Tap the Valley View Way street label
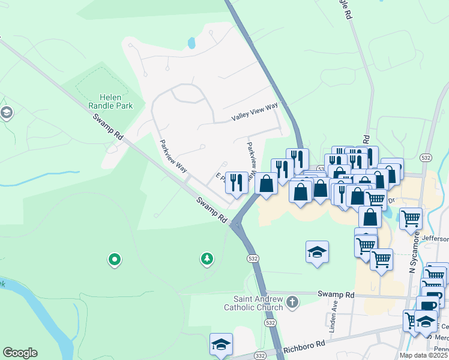coord(255,112)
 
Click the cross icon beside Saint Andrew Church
coord(292,301)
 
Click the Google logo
coord(20,353)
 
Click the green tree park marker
coord(207,259)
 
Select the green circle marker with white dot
coord(114,260)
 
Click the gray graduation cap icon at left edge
coord(7,113)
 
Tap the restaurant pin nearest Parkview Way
coord(237,181)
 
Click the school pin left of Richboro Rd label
coord(221,344)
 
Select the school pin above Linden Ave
coord(317,252)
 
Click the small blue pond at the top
coord(191,43)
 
